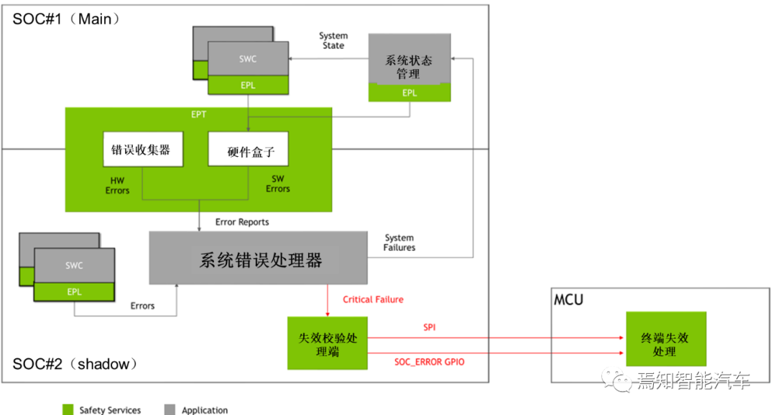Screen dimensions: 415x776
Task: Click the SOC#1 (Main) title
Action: click(x=67, y=19)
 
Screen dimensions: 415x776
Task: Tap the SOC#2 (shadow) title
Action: click(x=75, y=364)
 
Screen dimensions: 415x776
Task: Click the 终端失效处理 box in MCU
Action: click(x=665, y=344)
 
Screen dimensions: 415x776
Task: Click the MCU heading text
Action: click(x=569, y=298)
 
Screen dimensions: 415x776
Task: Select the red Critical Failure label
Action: click(x=373, y=299)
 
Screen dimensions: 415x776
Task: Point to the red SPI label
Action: click(x=429, y=327)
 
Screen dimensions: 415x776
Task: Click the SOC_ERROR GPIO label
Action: click(x=429, y=362)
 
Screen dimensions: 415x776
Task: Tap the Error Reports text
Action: click(x=242, y=222)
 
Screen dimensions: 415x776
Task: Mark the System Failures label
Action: click(x=399, y=242)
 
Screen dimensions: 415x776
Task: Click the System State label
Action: click(x=333, y=40)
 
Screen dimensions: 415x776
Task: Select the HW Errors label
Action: click(x=117, y=186)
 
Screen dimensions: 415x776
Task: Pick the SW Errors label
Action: click(x=278, y=183)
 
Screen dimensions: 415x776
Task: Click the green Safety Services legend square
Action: click(x=68, y=409)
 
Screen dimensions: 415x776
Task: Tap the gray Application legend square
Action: click(x=170, y=409)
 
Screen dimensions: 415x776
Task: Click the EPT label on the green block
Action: click(x=199, y=114)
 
